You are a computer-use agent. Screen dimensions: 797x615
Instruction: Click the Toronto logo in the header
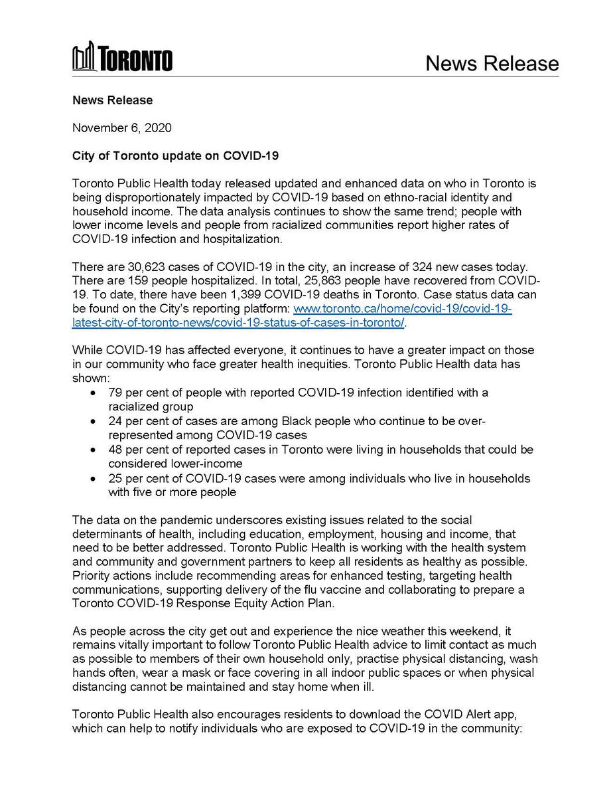(122, 59)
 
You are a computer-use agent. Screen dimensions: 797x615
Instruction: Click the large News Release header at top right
(492, 63)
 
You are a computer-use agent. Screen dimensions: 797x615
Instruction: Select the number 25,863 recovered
(345, 281)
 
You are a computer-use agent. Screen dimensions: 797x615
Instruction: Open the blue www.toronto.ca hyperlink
(402, 309)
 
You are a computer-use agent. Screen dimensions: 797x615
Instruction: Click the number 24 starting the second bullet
(115, 422)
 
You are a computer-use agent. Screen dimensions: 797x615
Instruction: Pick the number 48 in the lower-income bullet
(115, 450)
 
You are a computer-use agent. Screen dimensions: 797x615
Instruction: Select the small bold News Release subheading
(112, 100)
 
